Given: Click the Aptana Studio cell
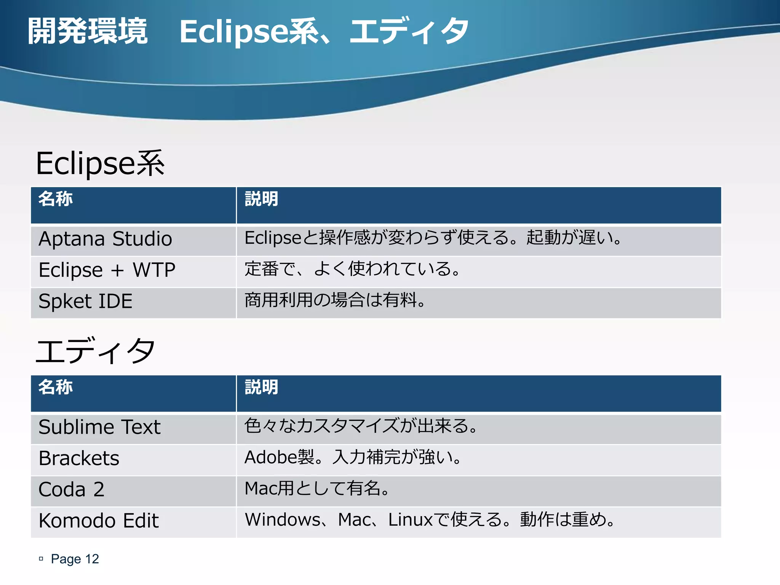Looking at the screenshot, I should point(105,239).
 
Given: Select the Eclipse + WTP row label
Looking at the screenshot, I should point(107,270).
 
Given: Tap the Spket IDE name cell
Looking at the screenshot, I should point(86,302).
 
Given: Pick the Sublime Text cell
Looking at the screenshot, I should point(100,427).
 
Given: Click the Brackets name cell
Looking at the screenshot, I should point(79,459).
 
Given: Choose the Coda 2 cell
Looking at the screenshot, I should point(72,490).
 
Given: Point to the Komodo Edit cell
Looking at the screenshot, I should point(99,521).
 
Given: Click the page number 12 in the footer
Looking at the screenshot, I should point(92,559).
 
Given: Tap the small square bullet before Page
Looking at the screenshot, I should point(41,559).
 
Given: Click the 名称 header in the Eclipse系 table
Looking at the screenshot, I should point(56,199).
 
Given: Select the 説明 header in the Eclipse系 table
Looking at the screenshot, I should point(262,199).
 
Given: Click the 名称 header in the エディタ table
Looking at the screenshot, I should point(56,387).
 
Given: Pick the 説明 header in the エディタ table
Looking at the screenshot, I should point(262,387).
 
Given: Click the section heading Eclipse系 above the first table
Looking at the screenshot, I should point(100,164).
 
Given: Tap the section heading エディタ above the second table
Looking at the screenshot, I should point(95,351).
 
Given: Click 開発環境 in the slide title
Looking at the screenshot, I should point(88,31).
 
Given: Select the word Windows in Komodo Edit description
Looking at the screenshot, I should point(283,520).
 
